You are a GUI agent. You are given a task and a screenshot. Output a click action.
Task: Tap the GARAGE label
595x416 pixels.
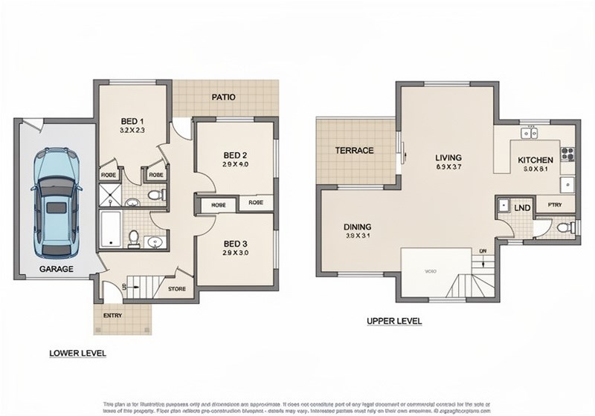(x=56, y=269)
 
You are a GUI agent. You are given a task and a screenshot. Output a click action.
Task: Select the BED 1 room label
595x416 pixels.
(x=132, y=121)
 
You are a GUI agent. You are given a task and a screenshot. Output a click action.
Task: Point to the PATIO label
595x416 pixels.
(x=224, y=97)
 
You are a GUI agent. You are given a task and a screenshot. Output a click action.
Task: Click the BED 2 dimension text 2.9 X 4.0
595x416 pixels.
(x=235, y=164)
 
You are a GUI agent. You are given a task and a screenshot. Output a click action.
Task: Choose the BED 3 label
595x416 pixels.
(x=236, y=244)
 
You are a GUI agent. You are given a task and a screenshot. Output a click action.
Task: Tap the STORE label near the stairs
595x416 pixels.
(x=176, y=289)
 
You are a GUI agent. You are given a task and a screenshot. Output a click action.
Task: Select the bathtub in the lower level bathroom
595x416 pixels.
(x=110, y=228)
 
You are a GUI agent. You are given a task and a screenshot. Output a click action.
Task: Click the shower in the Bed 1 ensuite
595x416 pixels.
(x=109, y=195)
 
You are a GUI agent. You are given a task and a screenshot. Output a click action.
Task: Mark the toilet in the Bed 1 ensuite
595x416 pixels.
(x=155, y=195)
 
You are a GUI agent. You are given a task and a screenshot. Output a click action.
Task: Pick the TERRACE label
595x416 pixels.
(x=354, y=151)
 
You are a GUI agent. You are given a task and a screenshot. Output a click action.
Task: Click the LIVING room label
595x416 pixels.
(x=448, y=157)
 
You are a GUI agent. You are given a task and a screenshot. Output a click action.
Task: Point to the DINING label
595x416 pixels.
(x=357, y=227)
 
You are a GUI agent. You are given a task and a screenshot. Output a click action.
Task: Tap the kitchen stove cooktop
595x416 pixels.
(x=567, y=155)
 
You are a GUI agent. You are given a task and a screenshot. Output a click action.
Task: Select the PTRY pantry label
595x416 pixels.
(x=554, y=205)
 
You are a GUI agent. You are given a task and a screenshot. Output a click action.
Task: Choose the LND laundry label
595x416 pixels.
(x=522, y=208)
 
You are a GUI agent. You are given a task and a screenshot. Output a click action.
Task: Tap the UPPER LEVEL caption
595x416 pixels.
(x=394, y=322)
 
